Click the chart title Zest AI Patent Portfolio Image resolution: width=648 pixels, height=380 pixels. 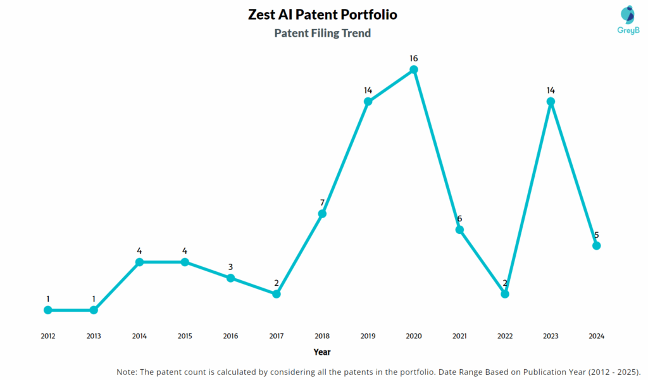pyautogui.click(x=323, y=15)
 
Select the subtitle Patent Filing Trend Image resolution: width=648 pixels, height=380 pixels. pyautogui.click(x=323, y=34)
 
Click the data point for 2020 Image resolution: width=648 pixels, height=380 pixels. pyautogui.click(x=414, y=70)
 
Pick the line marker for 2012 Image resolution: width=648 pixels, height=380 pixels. pyautogui.click(x=48, y=310)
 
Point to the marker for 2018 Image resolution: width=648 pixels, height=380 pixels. pyautogui.click(x=322, y=214)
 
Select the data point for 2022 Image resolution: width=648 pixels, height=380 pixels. pyautogui.click(x=505, y=294)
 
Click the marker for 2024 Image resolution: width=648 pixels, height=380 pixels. pyautogui.click(x=596, y=245)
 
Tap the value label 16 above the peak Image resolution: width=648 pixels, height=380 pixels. pyautogui.click(x=414, y=58)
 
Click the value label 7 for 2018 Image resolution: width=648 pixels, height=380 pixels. pyautogui.click(x=322, y=202)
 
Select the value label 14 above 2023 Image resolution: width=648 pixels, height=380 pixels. pyautogui.click(x=551, y=90)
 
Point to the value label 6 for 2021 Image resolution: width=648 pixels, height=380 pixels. pyautogui.click(x=459, y=219)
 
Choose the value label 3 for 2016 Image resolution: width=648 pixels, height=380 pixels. pyautogui.click(x=231, y=267)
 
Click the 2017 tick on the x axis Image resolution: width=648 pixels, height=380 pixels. pyautogui.click(x=277, y=336)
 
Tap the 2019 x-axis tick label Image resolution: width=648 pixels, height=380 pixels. pyautogui.click(x=368, y=336)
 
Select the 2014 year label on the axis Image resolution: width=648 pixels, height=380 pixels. pyautogui.click(x=139, y=336)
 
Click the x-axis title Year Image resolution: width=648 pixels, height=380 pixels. pyautogui.click(x=322, y=352)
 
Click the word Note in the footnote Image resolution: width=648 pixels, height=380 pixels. pyautogui.click(x=127, y=371)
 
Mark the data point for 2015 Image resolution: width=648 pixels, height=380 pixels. pyautogui.click(x=185, y=262)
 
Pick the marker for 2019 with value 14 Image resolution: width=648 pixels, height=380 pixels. pyautogui.click(x=368, y=101)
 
